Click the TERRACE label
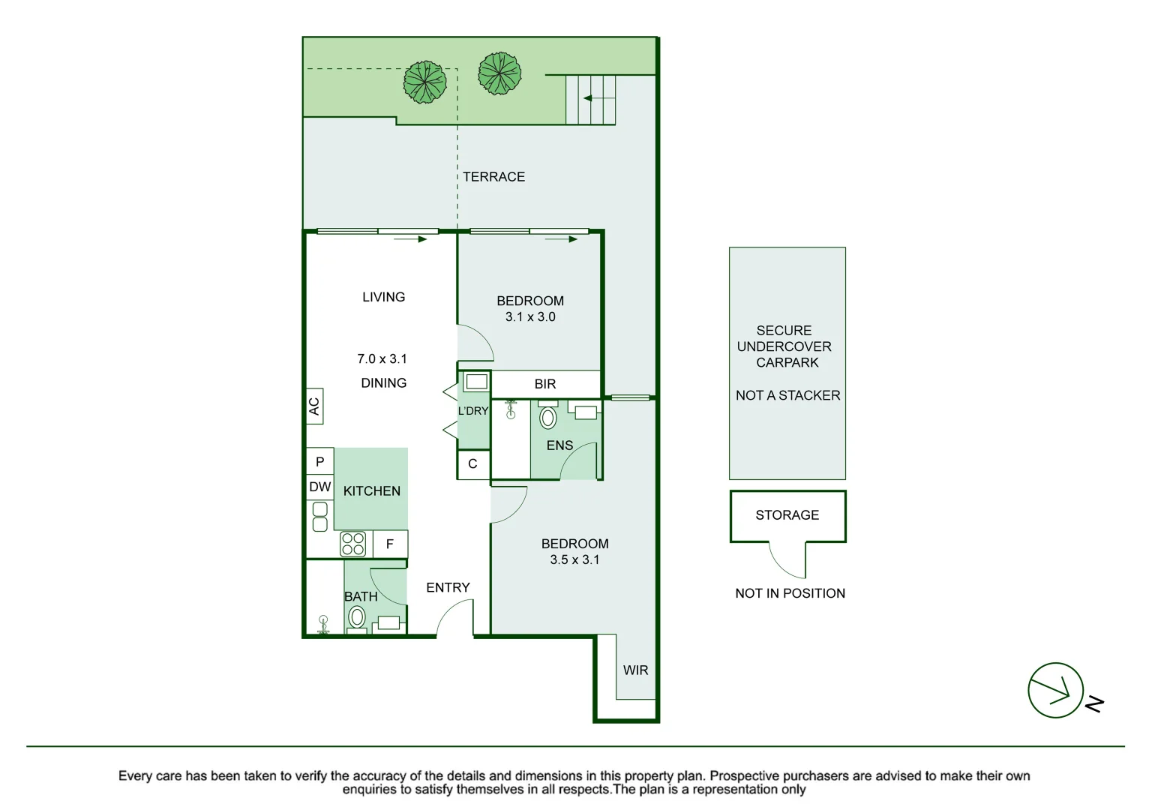click(493, 176)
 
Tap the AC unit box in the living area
click(314, 406)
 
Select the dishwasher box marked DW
click(320, 487)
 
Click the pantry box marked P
click(320, 462)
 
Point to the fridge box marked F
click(390, 544)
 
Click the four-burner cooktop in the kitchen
click(353, 544)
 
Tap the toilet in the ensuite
click(547, 415)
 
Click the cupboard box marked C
click(473, 464)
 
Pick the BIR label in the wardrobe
click(544, 384)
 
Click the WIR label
click(635, 670)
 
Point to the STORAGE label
click(787, 514)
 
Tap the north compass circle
click(1056, 690)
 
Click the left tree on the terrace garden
click(424, 82)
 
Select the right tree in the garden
click(499, 73)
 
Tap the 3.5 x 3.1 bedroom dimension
click(574, 559)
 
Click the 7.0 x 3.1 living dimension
click(382, 358)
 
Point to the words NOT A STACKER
click(788, 395)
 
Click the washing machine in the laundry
click(476, 382)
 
